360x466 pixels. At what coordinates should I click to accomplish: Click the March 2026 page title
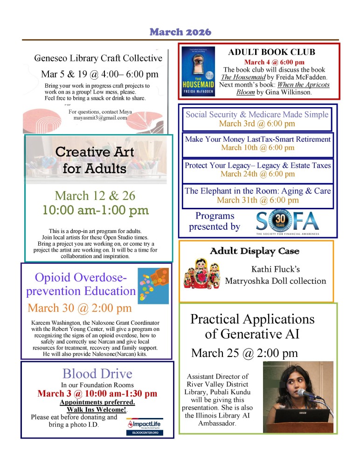(180, 32)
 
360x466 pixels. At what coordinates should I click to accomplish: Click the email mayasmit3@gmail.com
(100, 118)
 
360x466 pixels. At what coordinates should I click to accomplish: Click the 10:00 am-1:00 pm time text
(96, 210)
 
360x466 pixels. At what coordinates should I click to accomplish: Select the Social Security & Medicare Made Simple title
(257, 114)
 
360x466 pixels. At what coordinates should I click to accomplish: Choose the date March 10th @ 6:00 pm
(257, 148)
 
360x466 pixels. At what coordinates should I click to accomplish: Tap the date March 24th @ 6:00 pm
(257, 174)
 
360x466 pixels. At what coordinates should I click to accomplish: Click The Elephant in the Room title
(257, 191)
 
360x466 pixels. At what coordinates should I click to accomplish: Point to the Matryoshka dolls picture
(202, 274)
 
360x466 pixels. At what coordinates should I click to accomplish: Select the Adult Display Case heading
(255, 251)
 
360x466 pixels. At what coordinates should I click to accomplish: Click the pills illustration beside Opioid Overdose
(153, 286)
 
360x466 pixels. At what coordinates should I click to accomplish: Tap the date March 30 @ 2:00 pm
(80, 308)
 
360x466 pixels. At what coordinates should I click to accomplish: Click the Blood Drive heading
(97, 373)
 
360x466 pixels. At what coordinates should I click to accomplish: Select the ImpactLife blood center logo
(144, 426)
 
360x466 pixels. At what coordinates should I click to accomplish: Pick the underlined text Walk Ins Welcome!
(97, 410)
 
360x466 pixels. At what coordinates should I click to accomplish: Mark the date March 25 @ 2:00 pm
(244, 353)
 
